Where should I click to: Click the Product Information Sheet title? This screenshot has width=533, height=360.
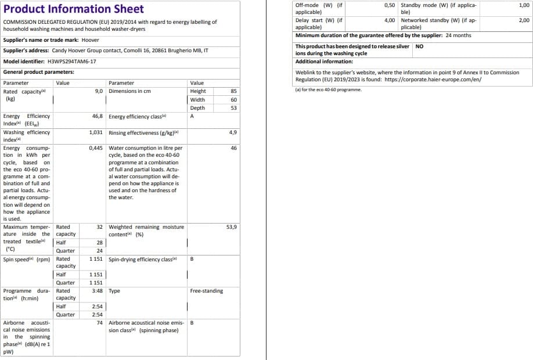74,9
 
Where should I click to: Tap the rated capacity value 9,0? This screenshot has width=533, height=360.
99,91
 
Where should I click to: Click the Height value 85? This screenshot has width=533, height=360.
233,91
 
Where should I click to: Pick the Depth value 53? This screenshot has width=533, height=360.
233,107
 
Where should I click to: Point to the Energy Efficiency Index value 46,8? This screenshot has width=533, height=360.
98,116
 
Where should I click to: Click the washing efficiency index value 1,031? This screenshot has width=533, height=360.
96,132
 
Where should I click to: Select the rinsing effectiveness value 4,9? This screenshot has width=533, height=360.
233,132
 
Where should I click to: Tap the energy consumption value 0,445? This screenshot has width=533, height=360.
96,148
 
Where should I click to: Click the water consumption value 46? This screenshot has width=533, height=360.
233,148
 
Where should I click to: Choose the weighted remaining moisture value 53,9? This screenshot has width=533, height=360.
231,227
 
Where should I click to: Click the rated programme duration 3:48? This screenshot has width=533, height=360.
98,291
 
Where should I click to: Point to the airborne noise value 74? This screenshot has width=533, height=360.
100,323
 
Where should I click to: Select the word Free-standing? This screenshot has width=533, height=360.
206,291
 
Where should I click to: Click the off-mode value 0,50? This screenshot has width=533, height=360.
390,5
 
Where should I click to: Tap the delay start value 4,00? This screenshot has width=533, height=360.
390,20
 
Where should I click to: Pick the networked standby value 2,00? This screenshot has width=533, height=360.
524,20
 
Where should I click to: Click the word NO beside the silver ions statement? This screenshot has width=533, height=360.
420,46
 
